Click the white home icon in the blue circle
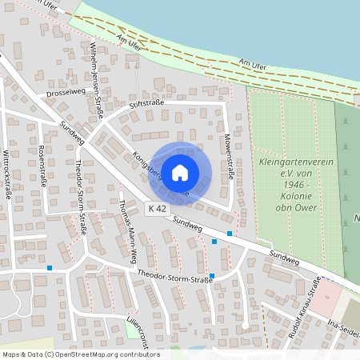[180, 171]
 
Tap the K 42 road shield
[158, 208]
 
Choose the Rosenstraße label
[39, 166]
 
